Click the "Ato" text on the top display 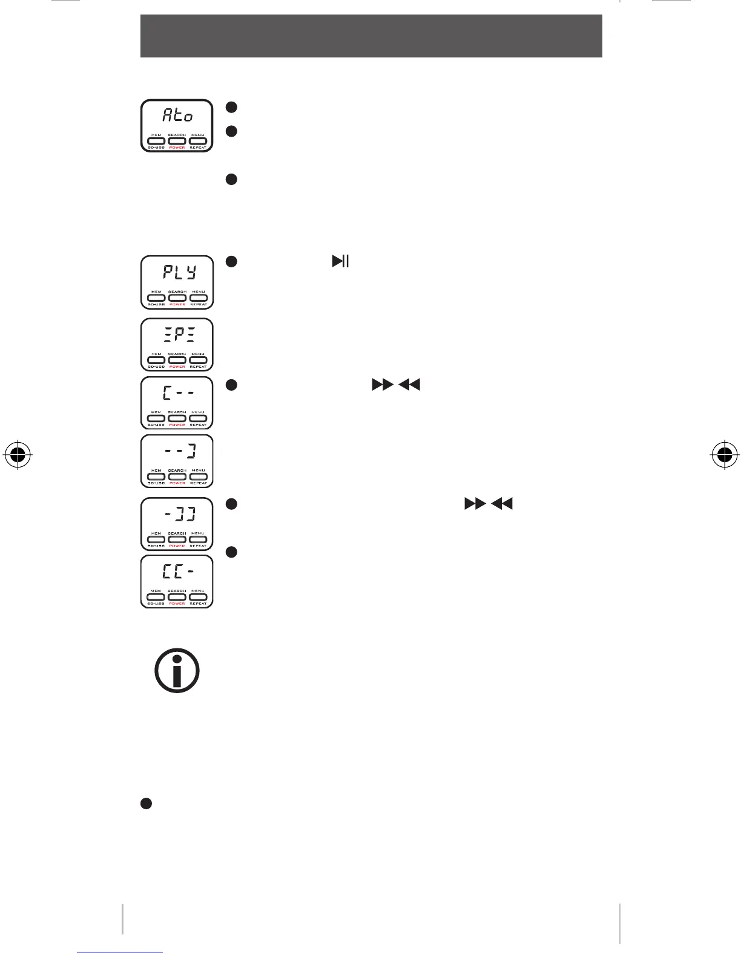pos(177,115)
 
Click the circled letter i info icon pos(177,671)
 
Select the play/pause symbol pos(340,261)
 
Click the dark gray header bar pos(371,36)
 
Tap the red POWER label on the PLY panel pos(177,304)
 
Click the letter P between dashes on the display pos(177,334)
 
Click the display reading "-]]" pos(177,514)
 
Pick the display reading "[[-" pos(177,572)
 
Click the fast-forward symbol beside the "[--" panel pos(382,385)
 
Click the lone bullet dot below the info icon pos(145,803)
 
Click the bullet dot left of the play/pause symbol pos(231,262)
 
